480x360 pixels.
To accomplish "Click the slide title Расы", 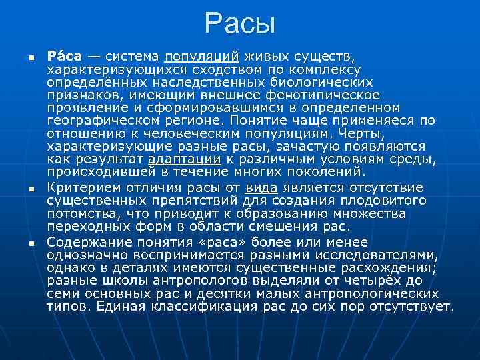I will [x=240, y=24].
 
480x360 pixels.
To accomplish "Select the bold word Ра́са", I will [x=64, y=57].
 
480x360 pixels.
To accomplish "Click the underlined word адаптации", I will [x=184, y=159].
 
